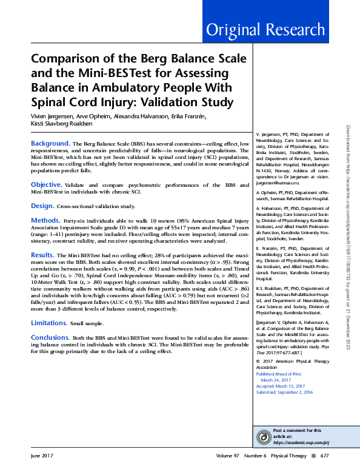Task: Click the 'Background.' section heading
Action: coord(50,143)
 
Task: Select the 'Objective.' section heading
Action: coord(46,184)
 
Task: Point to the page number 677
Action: coord(324,455)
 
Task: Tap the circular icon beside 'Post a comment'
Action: coord(264,437)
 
